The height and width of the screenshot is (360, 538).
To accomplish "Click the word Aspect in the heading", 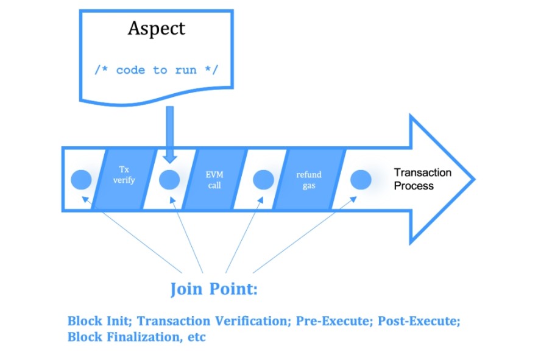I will coord(156,29).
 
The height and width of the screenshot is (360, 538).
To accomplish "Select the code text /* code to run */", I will coord(156,70).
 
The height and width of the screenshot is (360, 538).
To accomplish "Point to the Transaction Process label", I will coord(422,179).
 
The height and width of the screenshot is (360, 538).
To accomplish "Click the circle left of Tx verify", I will coord(81,180).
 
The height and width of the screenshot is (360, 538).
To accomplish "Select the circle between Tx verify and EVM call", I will coord(169,180).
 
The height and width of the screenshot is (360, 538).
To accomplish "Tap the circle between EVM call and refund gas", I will coord(263,180).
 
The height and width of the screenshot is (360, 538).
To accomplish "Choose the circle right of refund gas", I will coord(360,180).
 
